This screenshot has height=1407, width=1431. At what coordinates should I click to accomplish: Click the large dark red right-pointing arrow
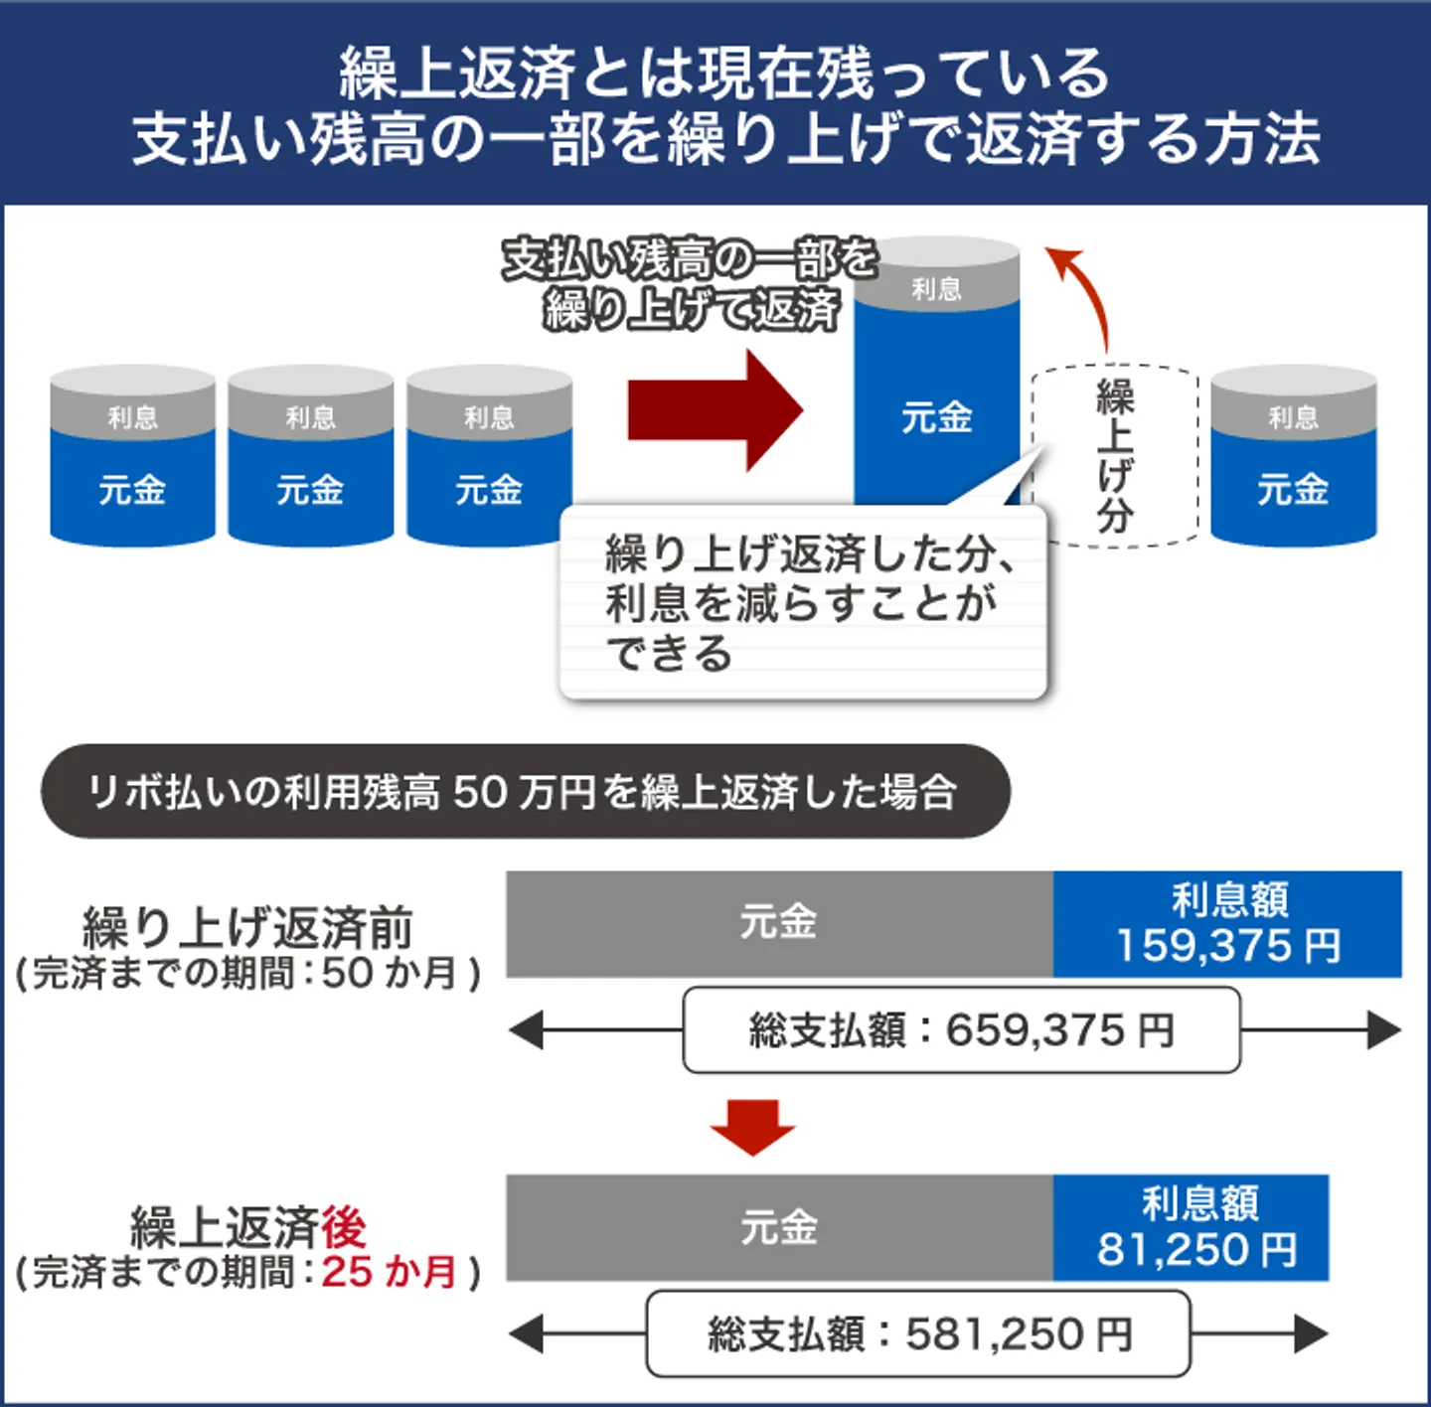point(714,410)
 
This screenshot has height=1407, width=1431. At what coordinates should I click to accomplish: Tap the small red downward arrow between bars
point(752,1126)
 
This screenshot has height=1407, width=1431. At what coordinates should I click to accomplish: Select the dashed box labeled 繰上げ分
point(1115,455)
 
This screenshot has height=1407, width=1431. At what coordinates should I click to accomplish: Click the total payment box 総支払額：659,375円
point(961,1030)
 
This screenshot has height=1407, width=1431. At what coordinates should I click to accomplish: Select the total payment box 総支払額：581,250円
point(918,1333)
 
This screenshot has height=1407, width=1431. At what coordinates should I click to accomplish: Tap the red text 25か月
point(389,1272)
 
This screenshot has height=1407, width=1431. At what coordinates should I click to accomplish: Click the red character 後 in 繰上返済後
point(344,1226)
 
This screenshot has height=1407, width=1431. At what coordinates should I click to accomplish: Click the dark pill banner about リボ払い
point(525,792)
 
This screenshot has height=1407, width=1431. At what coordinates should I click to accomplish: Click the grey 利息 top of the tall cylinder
point(937,288)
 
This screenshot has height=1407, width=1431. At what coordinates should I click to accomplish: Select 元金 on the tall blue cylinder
point(937,417)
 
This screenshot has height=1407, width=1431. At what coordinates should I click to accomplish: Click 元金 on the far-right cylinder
point(1293,489)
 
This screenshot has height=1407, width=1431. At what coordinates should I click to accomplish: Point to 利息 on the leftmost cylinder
point(132,416)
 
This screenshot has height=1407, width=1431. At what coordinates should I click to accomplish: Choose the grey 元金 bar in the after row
point(779,1228)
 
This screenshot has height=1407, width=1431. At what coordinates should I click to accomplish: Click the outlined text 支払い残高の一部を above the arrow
point(690,258)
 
